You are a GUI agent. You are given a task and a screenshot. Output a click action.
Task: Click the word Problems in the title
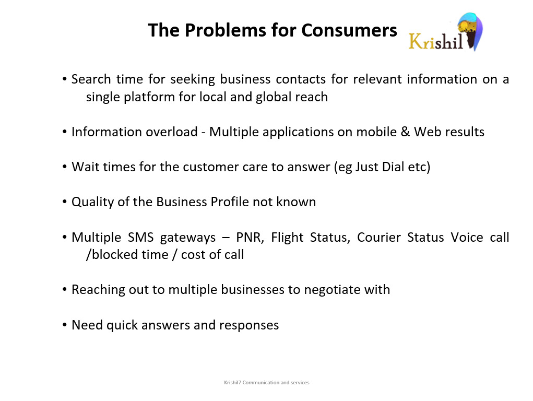[x=226, y=30]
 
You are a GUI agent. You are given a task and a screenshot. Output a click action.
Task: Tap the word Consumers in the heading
[x=349, y=30]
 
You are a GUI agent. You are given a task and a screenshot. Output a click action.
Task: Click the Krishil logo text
[x=435, y=41]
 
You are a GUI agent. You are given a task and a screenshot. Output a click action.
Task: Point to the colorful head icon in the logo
[x=470, y=31]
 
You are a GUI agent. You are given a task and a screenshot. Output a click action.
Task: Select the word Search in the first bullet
[x=91, y=79]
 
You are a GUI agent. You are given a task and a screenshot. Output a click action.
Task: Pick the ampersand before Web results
[x=405, y=132]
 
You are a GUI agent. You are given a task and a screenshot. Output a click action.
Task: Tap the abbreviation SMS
[x=141, y=238]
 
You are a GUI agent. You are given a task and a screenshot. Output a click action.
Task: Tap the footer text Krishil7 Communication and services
[x=266, y=383]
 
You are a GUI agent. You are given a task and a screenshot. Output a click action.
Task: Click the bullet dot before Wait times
[x=65, y=167]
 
